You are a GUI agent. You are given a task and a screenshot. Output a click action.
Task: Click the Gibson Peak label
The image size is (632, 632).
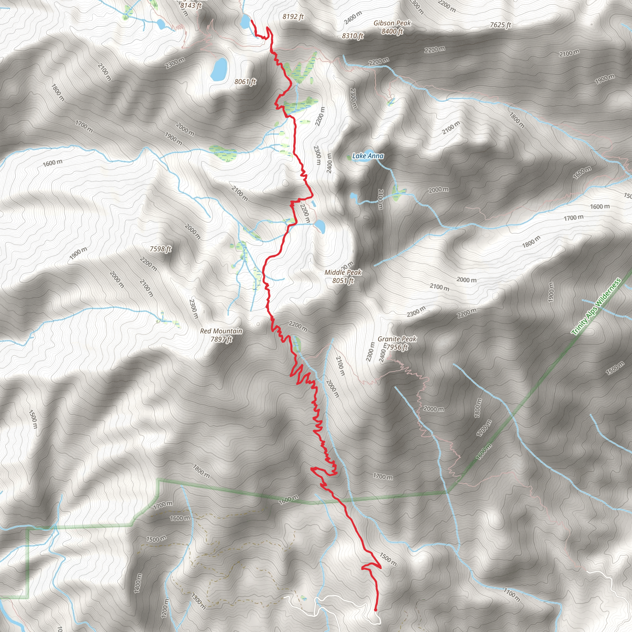point(392,23)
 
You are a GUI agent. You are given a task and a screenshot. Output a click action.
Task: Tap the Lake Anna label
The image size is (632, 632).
point(368,156)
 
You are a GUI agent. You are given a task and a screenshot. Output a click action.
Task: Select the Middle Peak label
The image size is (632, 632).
point(343,272)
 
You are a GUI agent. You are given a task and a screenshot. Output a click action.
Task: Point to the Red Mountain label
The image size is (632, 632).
point(221,331)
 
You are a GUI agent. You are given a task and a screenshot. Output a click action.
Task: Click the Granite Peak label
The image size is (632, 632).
point(397,339)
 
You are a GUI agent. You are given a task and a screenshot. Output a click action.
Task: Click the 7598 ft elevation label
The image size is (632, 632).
point(160,249)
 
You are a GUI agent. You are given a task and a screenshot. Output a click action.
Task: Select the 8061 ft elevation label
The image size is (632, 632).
point(245,81)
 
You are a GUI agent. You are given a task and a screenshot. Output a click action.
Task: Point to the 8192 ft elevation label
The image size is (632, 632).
point(293,16)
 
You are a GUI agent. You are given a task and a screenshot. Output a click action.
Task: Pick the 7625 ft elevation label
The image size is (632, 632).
point(500,25)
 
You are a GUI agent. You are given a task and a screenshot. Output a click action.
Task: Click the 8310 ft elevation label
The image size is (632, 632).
point(353,36)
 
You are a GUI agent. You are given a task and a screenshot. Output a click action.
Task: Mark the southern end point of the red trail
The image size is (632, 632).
point(375,610)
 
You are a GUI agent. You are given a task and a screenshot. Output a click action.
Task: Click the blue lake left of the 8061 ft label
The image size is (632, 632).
point(219,69)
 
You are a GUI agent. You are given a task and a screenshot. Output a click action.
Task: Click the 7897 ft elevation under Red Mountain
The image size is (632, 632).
point(221,339)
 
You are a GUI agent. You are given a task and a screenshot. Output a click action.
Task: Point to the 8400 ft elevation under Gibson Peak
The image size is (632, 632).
point(392,31)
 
